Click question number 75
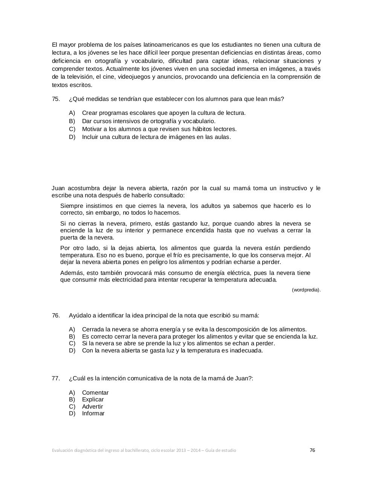pyautogui.click(x=56, y=99)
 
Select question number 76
pyautogui.click(x=56, y=316)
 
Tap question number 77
pyautogui.click(x=56, y=378)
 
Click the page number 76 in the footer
pyautogui.click(x=312, y=450)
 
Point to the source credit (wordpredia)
pyautogui.click(x=306, y=290)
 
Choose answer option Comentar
pyautogui.click(x=95, y=393)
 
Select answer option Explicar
pyautogui.click(x=93, y=400)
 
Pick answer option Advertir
pyautogui.click(x=92, y=407)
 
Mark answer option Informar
pyautogui.click(x=93, y=413)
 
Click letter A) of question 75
pyautogui.click(x=72, y=113)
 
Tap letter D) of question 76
pyautogui.click(x=72, y=351)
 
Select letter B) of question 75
pyautogui.click(x=72, y=121)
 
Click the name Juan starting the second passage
pyautogui.click(x=58, y=188)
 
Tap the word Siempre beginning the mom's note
pyautogui.click(x=72, y=206)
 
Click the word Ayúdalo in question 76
pyautogui.click(x=79, y=316)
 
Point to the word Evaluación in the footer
pyautogui.click(x=63, y=450)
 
